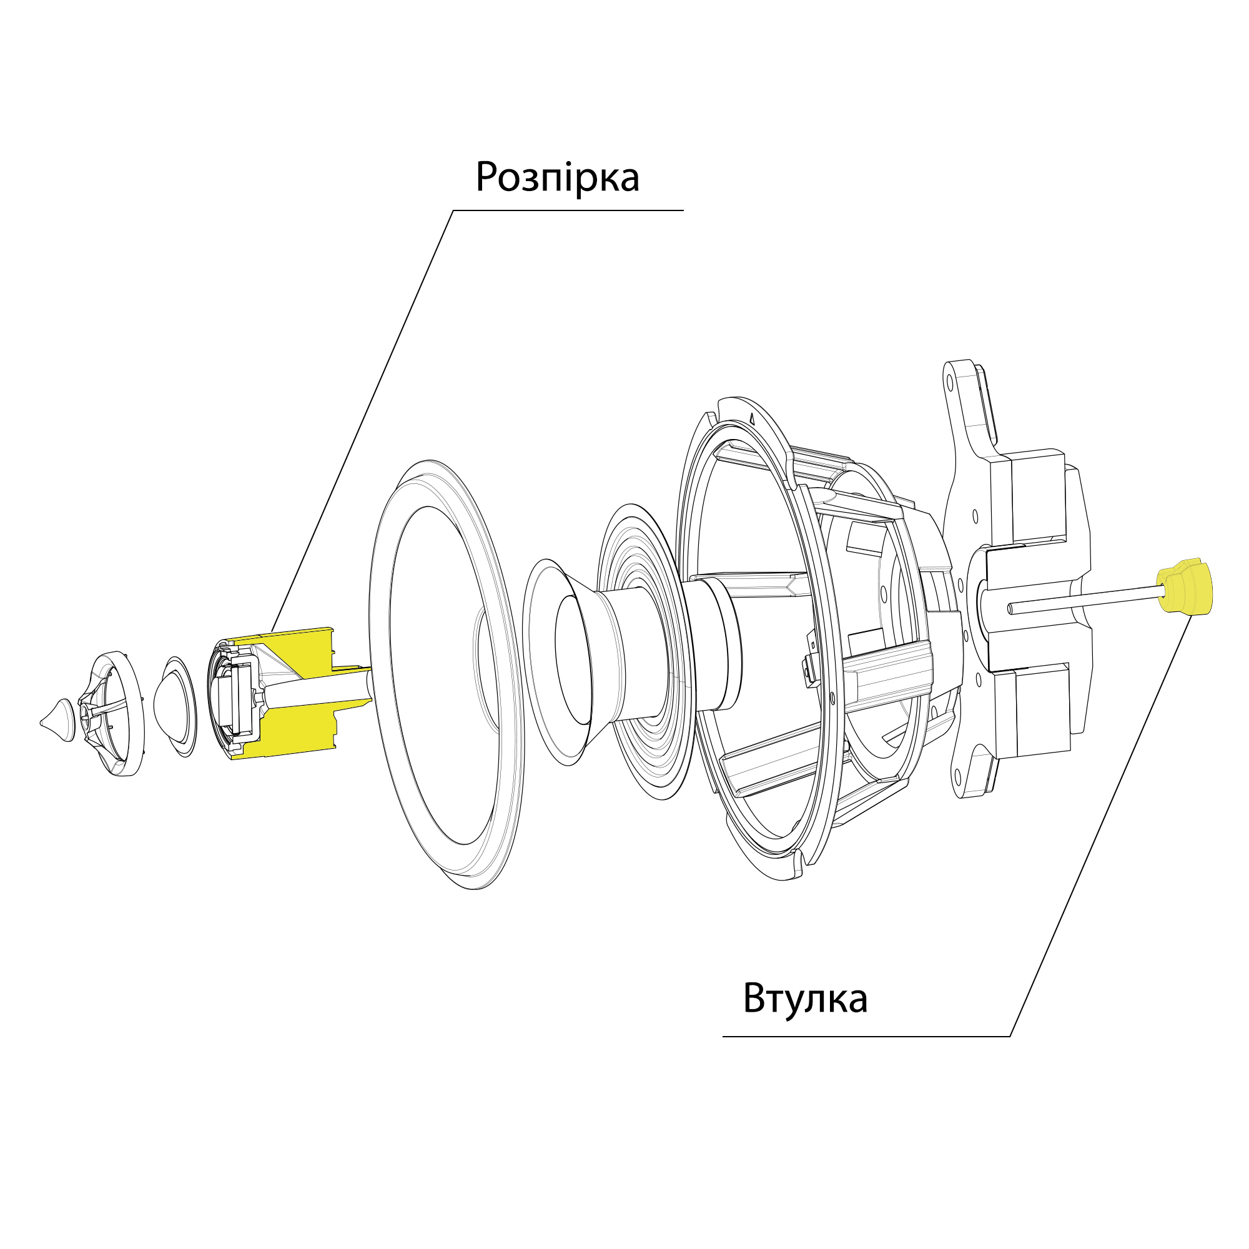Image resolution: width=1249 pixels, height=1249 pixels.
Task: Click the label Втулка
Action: [805, 999]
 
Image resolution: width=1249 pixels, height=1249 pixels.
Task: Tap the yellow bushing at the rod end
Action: [1184, 586]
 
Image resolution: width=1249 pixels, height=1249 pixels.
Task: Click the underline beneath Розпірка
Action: [568, 210]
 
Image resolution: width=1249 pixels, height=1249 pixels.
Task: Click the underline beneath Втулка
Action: [866, 1037]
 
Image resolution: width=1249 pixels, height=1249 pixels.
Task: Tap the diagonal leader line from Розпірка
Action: [362, 421]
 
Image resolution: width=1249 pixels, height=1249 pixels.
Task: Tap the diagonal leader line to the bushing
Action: [1102, 826]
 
